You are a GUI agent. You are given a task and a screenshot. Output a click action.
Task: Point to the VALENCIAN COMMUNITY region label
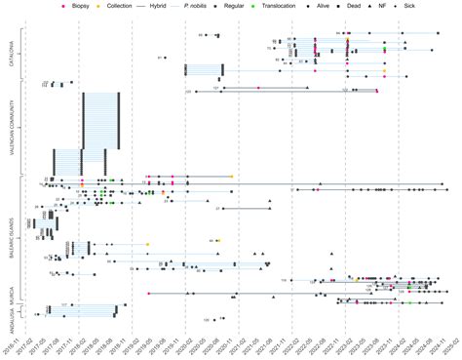(10, 128)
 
